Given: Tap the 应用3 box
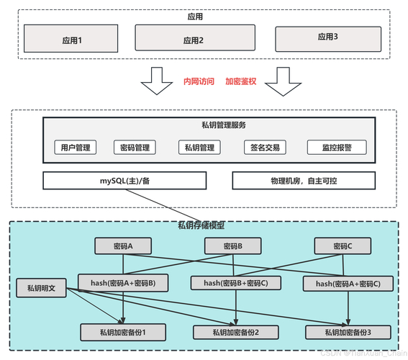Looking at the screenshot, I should point(327,37).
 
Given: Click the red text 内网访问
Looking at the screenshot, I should point(199,82).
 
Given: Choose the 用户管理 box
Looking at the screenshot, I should point(76,148).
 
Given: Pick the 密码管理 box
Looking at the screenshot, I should point(135,148).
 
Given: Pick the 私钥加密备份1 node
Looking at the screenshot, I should point(123,332).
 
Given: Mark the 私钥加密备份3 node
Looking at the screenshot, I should point(348,332).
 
